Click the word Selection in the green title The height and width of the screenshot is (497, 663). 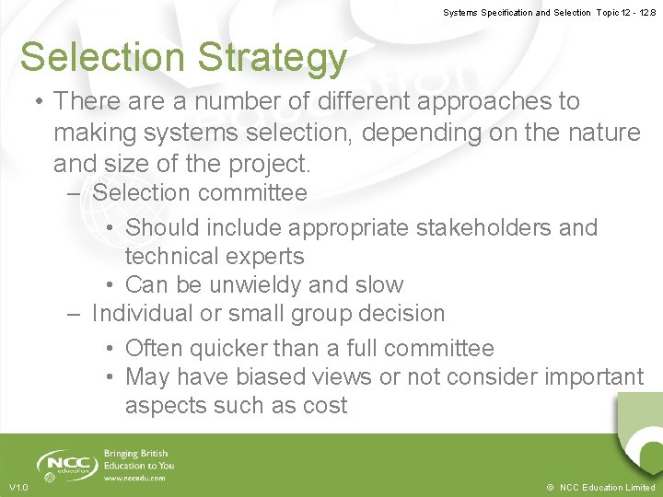pos(102,57)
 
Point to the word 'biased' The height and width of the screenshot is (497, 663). pos(271,377)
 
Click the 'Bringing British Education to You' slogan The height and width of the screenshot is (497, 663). pos(138,460)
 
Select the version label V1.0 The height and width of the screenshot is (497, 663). pos(18,488)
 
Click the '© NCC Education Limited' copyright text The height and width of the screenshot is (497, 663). pos(599,488)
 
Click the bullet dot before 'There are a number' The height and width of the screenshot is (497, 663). pos(38,101)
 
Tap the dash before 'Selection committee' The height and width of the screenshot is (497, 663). pos(75,194)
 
